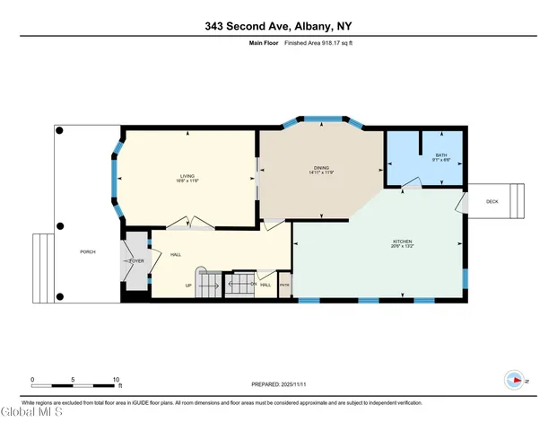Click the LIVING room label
point(187,176)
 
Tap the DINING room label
point(321,168)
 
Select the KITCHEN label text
point(402,241)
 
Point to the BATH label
point(440,155)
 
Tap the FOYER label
point(137,261)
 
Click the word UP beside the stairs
point(188,286)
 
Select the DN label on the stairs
point(254,285)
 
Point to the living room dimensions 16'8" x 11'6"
point(187,181)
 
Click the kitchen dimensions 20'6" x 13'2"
point(402,246)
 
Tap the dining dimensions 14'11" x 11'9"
point(321,173)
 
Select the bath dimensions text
point(440,161)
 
